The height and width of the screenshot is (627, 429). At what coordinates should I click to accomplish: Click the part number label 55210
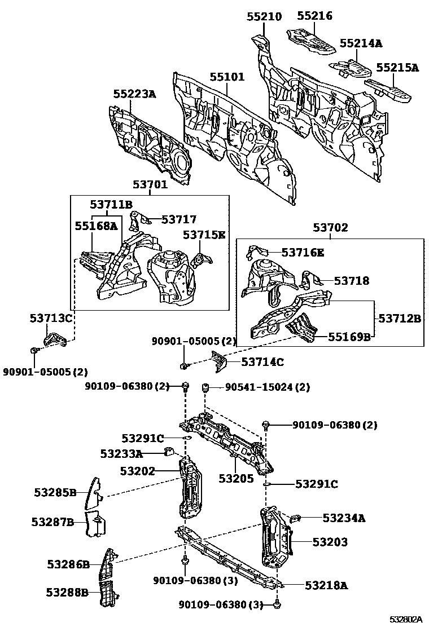[264, 17]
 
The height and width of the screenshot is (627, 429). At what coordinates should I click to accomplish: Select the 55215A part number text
[397, 68]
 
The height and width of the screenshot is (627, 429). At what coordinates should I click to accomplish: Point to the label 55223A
[134, 94]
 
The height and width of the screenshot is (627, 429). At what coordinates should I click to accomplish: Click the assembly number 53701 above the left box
[150, 184]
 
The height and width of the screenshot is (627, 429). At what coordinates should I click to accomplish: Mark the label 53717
[179, 219]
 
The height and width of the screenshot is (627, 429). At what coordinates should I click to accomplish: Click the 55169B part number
[350, 337]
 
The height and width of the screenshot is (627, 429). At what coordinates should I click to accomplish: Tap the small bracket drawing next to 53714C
[218, 361]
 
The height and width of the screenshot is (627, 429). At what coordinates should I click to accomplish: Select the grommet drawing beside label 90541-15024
[207, 388]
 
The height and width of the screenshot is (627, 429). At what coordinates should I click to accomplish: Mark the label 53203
[330, 542]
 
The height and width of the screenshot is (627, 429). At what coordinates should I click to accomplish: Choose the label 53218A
[326, 585]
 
